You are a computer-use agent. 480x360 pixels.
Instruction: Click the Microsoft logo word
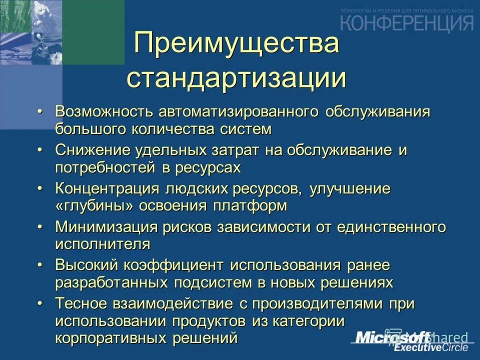click(393, 337)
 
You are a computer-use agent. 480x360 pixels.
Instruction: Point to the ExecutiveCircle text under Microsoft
click(431, 348)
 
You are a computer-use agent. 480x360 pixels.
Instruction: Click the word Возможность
click(104, 111)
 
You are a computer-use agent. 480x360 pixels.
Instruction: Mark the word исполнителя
click(103, 244)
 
